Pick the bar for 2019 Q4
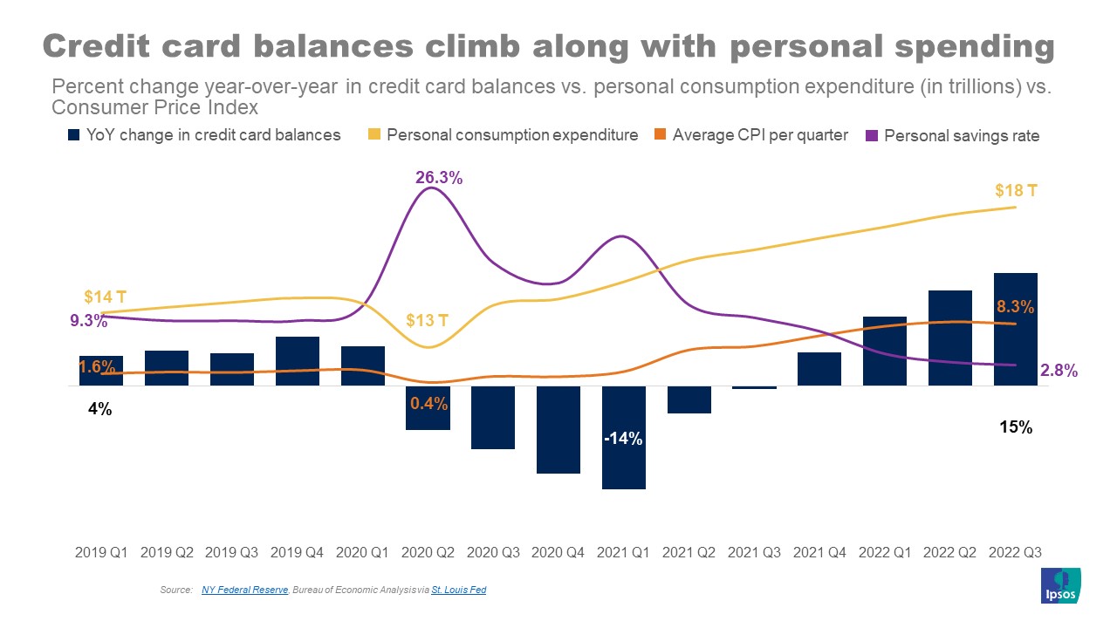pyautogui.click(x=298, y=360)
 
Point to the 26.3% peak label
pyautogui.click(x=439, y=178)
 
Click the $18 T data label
pyautogui.click(x=1016, y=190)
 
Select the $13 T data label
pyautogui.click(x=428, y=320)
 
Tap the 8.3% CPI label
pyautogui.click(x=1015, y=306)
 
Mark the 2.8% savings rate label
pyautogui.click(x=1059, y=371)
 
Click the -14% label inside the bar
pyautogui.click(x=624, y=439)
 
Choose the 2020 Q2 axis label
pyautogui.click(x=428, y=552)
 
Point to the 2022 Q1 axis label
pyautogui.click(x=885, y=552)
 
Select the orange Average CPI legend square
pyautogui.click(x=660, y=135)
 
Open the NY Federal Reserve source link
pyautogui.click(x=244, y=590)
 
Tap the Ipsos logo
pyautogui.click(x=1061, y=585)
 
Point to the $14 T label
pyautogui.click(x=105, y=297)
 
